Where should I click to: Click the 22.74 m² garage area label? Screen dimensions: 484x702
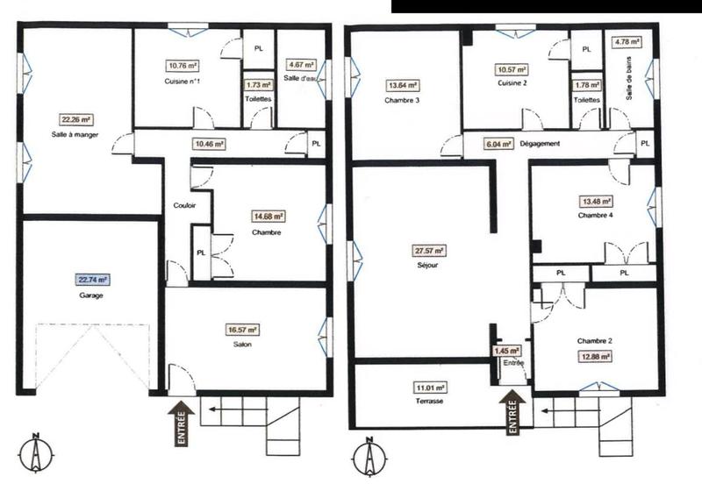pyautogui.click(x=90, y=281)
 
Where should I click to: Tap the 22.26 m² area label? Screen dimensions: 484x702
pyautogui.click(x=76, y=120)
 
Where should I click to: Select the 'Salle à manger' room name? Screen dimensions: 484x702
pyautogui.click(x=76, y=136)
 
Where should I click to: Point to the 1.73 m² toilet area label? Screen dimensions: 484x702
pyautogui.click(x=257, y=85)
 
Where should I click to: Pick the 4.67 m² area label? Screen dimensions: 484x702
pyautogui.click(x=301, y=64)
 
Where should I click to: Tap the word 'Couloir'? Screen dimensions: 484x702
pyautogui.click(x=185, y=206)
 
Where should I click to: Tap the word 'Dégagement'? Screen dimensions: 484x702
pyautogui.click(x=540, y=143)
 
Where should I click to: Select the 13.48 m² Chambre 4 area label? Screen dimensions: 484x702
pyautogui.click(x=593, y=201)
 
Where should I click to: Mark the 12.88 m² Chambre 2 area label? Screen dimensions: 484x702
pyautogui.click(x=594, y=356)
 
